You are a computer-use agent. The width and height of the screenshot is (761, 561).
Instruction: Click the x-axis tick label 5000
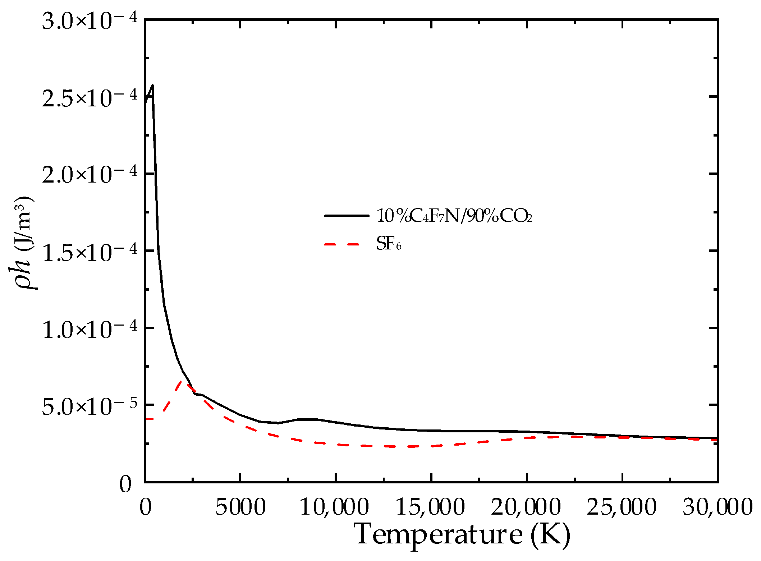(x=240, y=507)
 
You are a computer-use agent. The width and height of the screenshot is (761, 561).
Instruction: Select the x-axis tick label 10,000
(x=334, y=507)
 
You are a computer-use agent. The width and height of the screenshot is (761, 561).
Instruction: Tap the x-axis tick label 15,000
(x=430, y=507)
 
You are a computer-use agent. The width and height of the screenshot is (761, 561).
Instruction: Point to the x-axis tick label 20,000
(x=526, y=507)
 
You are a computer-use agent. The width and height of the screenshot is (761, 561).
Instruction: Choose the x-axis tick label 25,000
(x=622, y=507)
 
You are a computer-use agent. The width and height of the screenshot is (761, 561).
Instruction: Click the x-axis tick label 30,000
(x=718, y=507)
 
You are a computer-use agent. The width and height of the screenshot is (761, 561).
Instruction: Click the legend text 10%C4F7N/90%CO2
(x=454, y=216)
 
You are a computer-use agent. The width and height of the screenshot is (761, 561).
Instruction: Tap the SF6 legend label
(x=389, y=244)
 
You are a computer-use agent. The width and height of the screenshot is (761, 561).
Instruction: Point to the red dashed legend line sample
(x=342, y=244)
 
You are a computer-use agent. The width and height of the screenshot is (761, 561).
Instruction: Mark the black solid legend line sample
(x=347, y=216)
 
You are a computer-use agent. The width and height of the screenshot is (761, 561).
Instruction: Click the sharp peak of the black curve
(x=153, y=86)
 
